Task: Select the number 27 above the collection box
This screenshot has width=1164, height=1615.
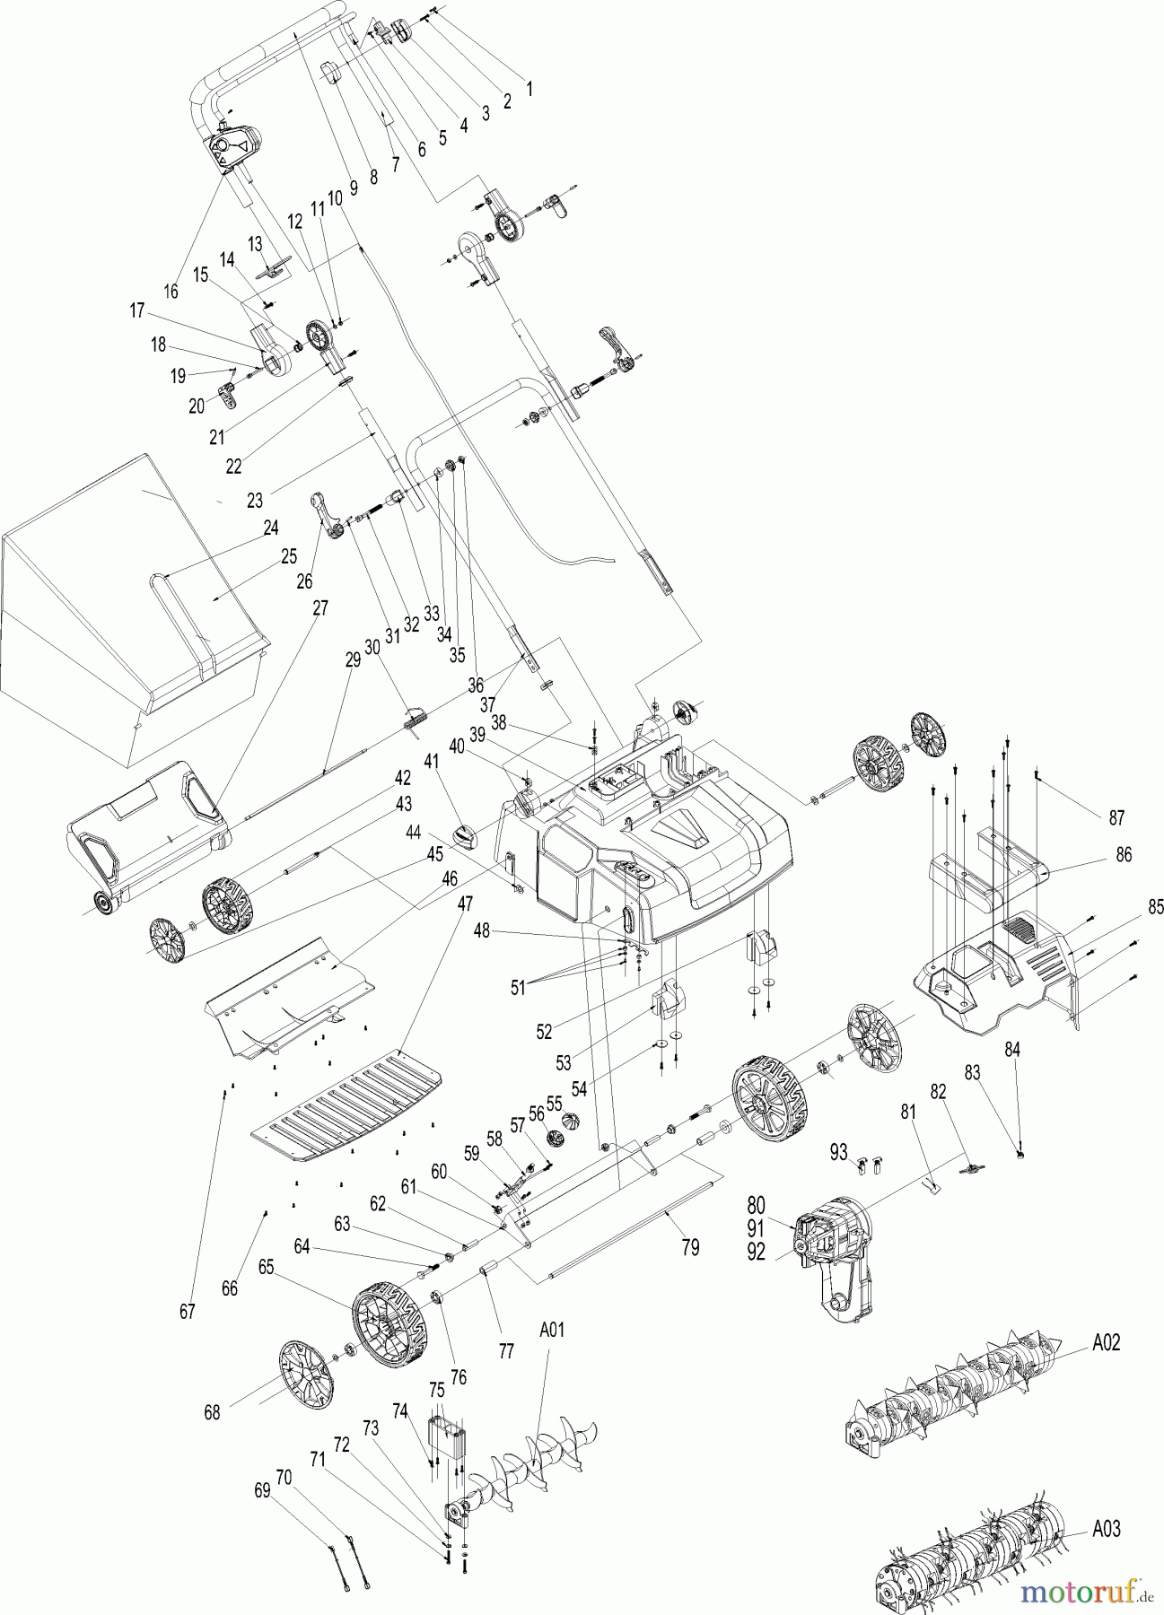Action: point(319,607)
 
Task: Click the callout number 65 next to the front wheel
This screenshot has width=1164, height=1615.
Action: point(266,1268)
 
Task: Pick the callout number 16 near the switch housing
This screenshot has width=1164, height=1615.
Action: point(171,291)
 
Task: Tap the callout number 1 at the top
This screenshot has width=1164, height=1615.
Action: point(529,89)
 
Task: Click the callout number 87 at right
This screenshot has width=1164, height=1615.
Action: point(1117,817)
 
